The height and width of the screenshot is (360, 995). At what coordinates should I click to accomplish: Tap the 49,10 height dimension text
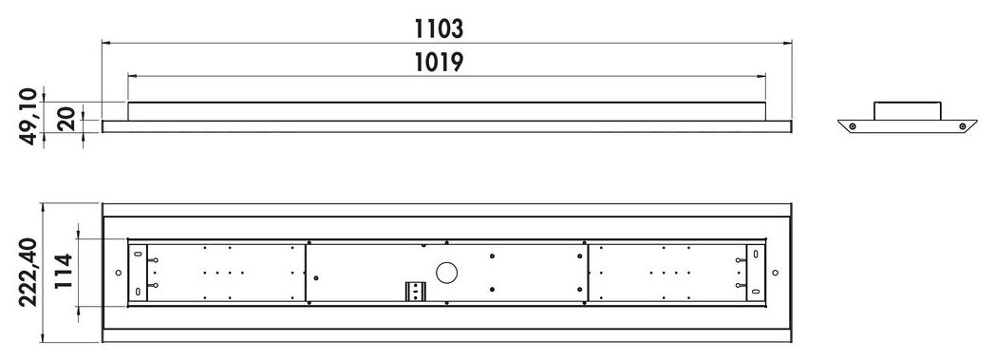[28, 116]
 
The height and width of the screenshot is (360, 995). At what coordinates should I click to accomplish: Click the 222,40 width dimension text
[28, 273]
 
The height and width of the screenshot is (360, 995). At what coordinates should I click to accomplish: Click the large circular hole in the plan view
[446, 273]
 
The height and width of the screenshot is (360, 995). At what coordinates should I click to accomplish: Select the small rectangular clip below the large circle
[413, 290]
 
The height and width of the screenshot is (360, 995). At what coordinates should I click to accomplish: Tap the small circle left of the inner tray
[118, 273]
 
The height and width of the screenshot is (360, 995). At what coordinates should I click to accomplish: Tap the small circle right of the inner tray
[776, 273]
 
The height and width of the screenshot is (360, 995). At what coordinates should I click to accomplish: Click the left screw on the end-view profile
[853, 125]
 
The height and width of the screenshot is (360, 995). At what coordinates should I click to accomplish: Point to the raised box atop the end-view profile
[906, 108]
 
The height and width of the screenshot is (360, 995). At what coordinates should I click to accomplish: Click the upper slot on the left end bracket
[139, 255]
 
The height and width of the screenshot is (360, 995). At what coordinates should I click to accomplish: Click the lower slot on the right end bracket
[755, 290]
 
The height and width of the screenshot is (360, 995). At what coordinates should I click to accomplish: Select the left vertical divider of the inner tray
[306, 273]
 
